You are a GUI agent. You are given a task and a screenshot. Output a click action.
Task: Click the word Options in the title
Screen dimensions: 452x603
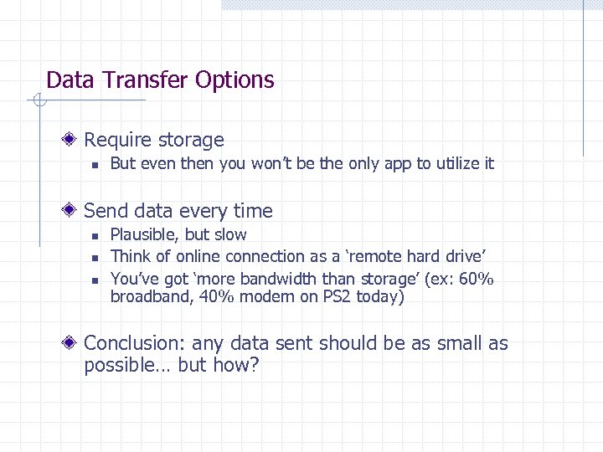[x=234, y=80]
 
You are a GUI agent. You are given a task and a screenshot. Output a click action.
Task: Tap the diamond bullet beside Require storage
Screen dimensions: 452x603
[x=75, y=140]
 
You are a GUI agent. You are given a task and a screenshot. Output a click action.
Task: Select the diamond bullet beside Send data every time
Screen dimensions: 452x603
[x=75, y=211]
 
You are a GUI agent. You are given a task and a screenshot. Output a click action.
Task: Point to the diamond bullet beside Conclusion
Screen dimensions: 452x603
[x=75, y=343]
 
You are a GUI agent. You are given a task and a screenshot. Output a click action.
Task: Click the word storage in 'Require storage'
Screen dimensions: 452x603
[x=191, y=141]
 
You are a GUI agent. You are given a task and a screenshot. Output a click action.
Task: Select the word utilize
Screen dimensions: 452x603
[x=449, y=164]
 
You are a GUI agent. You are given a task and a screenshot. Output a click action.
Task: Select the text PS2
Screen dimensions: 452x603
[x=337, y=297]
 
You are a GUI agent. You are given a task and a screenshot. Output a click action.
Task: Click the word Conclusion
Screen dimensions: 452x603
[x=134, y=343]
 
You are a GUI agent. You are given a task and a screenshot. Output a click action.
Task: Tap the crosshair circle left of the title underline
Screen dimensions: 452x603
[x=36, y=101]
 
